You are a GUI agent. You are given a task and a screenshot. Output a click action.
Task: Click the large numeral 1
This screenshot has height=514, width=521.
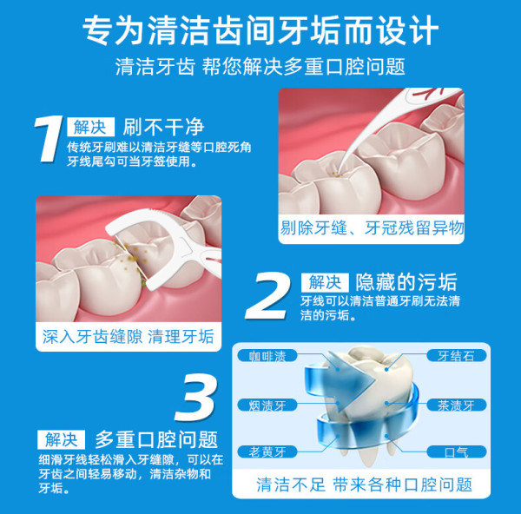click(x=49, y=139)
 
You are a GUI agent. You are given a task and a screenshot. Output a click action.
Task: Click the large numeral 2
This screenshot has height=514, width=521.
click(x=267, y=296)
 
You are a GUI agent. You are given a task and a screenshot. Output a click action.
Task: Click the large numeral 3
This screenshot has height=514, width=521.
click(x=197, y=398)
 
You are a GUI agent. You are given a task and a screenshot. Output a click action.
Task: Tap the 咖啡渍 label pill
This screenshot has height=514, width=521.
click(x=267, y=356)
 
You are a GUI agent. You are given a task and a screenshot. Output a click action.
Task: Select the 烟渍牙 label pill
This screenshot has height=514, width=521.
click(x=267, y=405)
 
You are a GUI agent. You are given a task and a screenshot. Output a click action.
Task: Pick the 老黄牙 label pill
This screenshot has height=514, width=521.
click(x=267, y=451)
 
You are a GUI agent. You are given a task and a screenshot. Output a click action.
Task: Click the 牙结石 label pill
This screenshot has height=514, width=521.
click(x=456, y=356)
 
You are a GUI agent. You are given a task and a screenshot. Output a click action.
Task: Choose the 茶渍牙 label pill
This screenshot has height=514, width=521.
click(x=456, y=405)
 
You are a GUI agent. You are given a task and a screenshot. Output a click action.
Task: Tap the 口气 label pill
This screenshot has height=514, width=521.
click(x=456, y=451)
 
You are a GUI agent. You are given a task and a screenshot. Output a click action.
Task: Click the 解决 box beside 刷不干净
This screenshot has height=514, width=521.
click(x=90, y=127)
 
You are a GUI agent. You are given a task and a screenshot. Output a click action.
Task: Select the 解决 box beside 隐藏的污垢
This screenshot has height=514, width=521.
click(x=325, y=283)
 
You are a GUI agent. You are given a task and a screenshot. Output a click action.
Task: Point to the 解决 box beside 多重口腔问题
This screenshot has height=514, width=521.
click(x=61, y=439)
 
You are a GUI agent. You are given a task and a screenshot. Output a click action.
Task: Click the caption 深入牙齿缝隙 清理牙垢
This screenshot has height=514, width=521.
click(x=129, y=337)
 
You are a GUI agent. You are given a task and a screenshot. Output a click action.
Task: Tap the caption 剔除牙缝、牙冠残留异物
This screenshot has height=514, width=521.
click(x=372, y=228)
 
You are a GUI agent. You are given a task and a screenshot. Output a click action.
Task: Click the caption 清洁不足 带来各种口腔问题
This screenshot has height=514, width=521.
click(x=364, y=484)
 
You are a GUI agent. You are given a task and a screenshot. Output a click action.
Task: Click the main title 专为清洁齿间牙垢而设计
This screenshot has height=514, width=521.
click(x=260, y=30)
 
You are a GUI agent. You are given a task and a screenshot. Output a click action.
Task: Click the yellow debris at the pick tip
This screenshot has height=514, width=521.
click(x=336, y=174)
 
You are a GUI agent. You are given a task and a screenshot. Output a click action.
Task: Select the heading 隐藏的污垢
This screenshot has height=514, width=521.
click(x=406, y=283)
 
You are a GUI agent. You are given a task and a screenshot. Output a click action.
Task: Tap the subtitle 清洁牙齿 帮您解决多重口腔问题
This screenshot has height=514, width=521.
click(x=260, y=67)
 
